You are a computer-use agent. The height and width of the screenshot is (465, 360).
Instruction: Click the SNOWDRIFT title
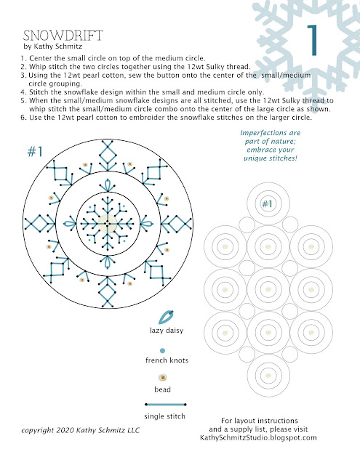[63, 36]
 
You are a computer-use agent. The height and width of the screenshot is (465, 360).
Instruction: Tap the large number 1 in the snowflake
[313, 40]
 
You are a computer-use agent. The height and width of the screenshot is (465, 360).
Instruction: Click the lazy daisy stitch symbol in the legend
[166, 318]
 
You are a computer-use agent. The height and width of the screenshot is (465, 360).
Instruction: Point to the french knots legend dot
[162, 351]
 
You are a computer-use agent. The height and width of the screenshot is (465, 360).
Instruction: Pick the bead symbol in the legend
[162, 378]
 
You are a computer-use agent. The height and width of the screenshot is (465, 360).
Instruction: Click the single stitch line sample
[165, 404]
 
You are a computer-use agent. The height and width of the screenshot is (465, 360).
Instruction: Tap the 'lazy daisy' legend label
[167, 331]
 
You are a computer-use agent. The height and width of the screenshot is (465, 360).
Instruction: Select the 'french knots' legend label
[167, 360]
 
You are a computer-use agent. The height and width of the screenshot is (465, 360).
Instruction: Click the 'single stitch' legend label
[164, 416]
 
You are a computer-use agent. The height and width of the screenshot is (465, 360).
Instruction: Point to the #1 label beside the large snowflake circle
[35, 152]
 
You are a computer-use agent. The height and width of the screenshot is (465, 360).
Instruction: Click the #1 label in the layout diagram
[267, 203]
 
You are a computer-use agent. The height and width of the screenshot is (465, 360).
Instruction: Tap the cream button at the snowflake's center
[107, 223]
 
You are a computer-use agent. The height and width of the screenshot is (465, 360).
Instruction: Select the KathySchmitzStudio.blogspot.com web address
[258, 437]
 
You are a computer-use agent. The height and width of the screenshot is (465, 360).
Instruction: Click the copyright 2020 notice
[81, 430]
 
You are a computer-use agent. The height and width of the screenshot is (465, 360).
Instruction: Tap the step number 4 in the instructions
[23, 92]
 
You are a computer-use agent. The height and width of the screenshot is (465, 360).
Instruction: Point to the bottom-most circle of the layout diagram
[268, 376]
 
